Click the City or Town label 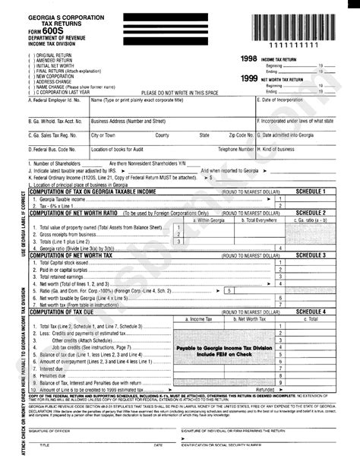click(104, 135)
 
